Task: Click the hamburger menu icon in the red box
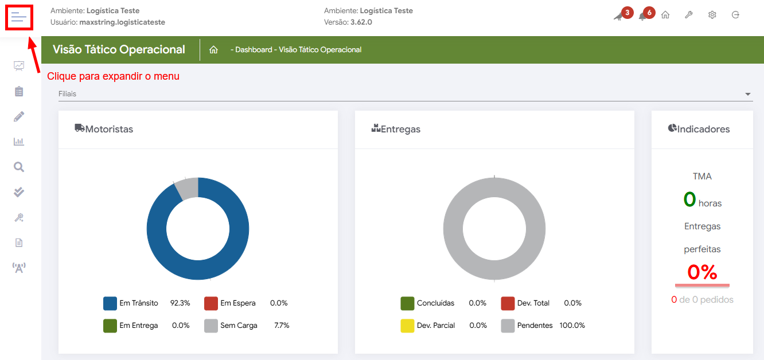(x=19, y=17)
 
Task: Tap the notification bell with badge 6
(x=642, y=16)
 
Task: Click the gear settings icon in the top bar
(x=712, y=15)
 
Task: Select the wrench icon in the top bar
(x=689, y=15)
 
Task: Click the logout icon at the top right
(x=735, y=15)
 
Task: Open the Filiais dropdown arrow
(x=747, y=94)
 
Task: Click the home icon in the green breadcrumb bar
(x=213, y=50)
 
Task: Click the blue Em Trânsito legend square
(x=110, y=303)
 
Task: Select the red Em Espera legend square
(x=211, y=303)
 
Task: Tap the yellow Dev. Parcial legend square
(x=407, y=326)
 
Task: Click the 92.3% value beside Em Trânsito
(x=180, y=303)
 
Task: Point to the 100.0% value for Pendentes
(x=572, y=326)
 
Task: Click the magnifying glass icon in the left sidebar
(x=19, y=167)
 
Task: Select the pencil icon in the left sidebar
(x=19, y=116)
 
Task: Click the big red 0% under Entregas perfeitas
(x=702, y=272)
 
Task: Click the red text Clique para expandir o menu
(x=113, y=76)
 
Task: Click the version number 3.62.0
(x=361, y=22)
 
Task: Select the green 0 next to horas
(x=689, y=199)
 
